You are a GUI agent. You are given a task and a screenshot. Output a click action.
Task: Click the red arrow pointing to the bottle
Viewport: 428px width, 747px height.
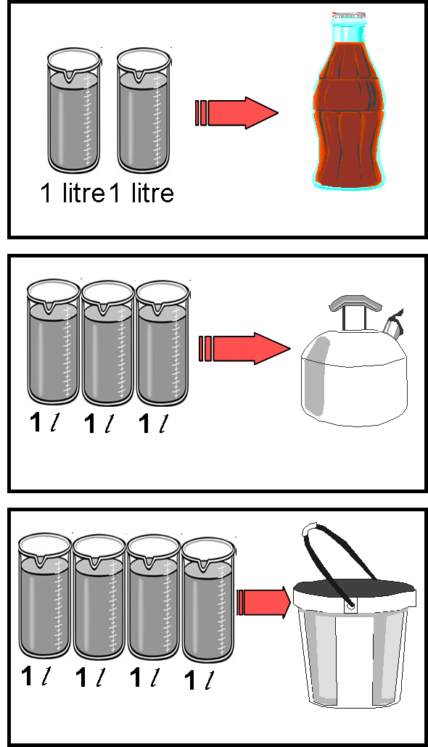point(236,112)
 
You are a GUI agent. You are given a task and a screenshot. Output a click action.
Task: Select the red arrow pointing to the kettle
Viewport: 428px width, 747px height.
point(243,348)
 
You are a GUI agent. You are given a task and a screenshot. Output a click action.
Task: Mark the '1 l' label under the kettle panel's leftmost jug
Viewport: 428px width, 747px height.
point(44,423)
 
